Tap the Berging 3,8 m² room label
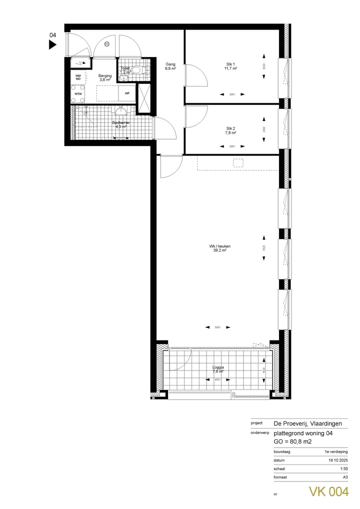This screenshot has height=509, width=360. pos(105,77)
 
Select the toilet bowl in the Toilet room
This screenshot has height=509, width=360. pos(139,70)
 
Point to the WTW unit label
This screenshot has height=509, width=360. pos(78,94)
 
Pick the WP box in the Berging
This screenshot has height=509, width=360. pos(127,93)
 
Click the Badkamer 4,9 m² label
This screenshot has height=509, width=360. pos(120,125)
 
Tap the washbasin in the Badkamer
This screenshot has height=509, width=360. pos(119,110)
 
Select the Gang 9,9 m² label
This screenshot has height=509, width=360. pos(170,66)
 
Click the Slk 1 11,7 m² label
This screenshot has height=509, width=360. pos(231,66)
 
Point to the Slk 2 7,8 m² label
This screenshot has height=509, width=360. pos(230,131)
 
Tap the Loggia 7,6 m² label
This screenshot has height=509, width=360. pos(218,369)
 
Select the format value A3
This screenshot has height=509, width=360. pos(344,478)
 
